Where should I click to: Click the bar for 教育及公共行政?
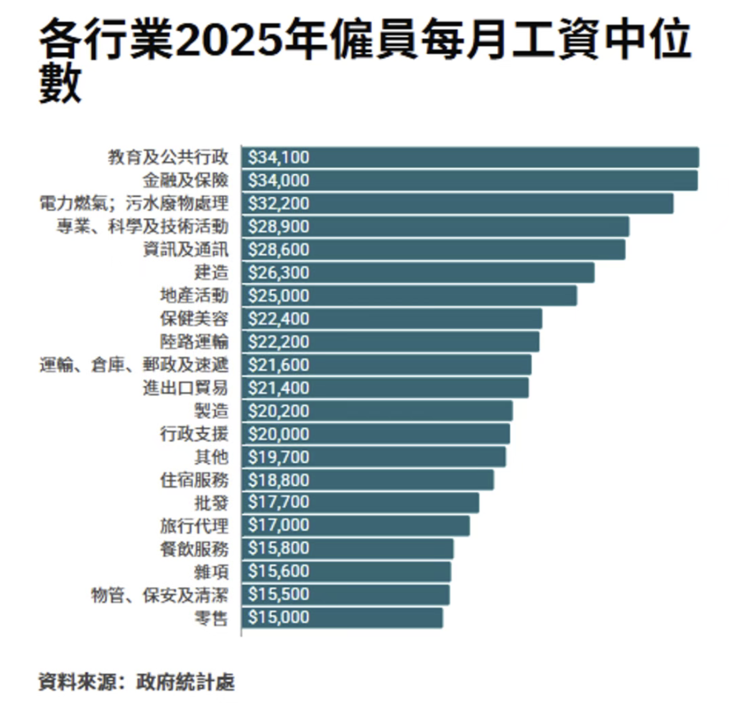point(470,157)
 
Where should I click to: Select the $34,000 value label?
point(279,180)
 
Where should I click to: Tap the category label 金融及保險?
point(185,180)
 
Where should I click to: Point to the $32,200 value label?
point(279,203)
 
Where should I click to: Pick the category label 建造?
point(211,272)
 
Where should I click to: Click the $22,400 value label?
point(279,318)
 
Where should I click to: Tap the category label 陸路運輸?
point(194,341)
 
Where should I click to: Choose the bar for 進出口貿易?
point(385,387)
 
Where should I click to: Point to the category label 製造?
point(211,410)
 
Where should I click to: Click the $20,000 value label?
point(279,433)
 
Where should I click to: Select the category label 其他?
point(211,456)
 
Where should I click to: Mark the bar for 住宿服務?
point(368,479)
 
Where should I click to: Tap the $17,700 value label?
point(279,502)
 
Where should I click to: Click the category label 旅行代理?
point(194,525)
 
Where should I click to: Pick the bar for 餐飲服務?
point(348,548)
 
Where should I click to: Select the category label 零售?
point(211,617)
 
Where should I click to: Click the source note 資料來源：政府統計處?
point(136,681)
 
